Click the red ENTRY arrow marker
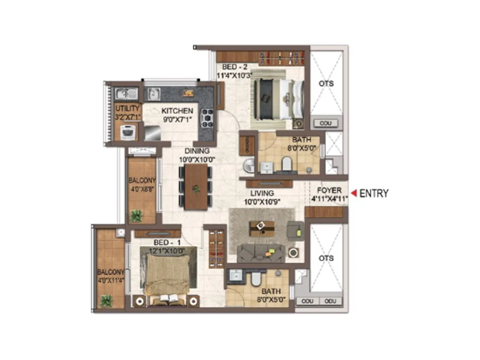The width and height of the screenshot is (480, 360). tap(354, 193)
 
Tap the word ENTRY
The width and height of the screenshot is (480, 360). tap(374, 193)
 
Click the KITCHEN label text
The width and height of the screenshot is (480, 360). tap(177, 111)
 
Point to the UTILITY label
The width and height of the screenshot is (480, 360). tap(127, 108)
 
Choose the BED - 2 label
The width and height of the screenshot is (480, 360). tap(235, 67)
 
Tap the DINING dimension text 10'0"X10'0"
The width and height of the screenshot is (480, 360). tap(197, 159)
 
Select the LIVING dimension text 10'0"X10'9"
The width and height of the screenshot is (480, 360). tap(262, 201)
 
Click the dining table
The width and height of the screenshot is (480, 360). tap(196, 187)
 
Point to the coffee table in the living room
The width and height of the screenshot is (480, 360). tap(262, 227)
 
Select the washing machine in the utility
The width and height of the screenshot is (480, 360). tap(127, 132)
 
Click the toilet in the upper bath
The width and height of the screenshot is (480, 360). tap(287, 164)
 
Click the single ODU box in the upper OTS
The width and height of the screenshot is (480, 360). tap(326, 123)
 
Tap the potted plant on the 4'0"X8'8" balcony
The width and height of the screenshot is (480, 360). tap(136, 216)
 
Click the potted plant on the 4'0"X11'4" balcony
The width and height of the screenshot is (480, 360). tap(106, 300)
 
